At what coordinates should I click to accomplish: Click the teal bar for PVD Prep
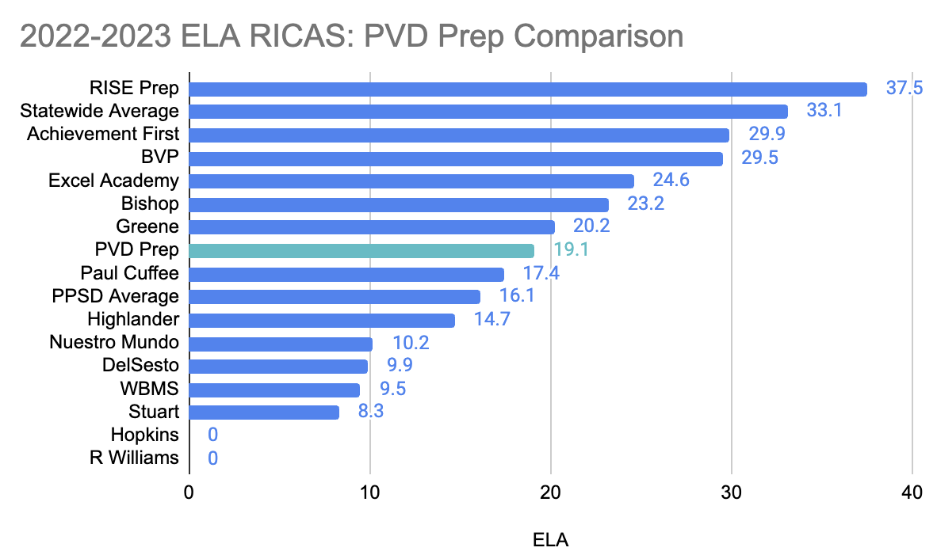click(361, 251)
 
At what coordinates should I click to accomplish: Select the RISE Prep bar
click(528, 89)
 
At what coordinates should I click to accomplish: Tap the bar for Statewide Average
click(488, 112)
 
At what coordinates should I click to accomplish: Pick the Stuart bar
click(264, 413)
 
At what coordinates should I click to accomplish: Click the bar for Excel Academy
click(411, 181)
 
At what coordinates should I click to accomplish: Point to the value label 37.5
click(904, 89)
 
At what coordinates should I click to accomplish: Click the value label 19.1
click(570, 251)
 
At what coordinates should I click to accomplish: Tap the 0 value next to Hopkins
click(212, 435)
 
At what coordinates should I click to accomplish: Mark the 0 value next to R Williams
click(212, 458)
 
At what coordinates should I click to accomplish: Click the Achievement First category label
click(103, 134)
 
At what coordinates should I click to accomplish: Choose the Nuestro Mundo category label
click(114, 343)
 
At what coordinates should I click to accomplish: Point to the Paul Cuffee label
click(130, 274)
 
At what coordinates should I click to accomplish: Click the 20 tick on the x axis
click(550, 492)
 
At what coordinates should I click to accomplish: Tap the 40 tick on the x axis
click(912, 492)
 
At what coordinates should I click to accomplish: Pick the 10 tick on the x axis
click(369, 492)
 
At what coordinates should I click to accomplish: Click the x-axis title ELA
click(550, 542)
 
